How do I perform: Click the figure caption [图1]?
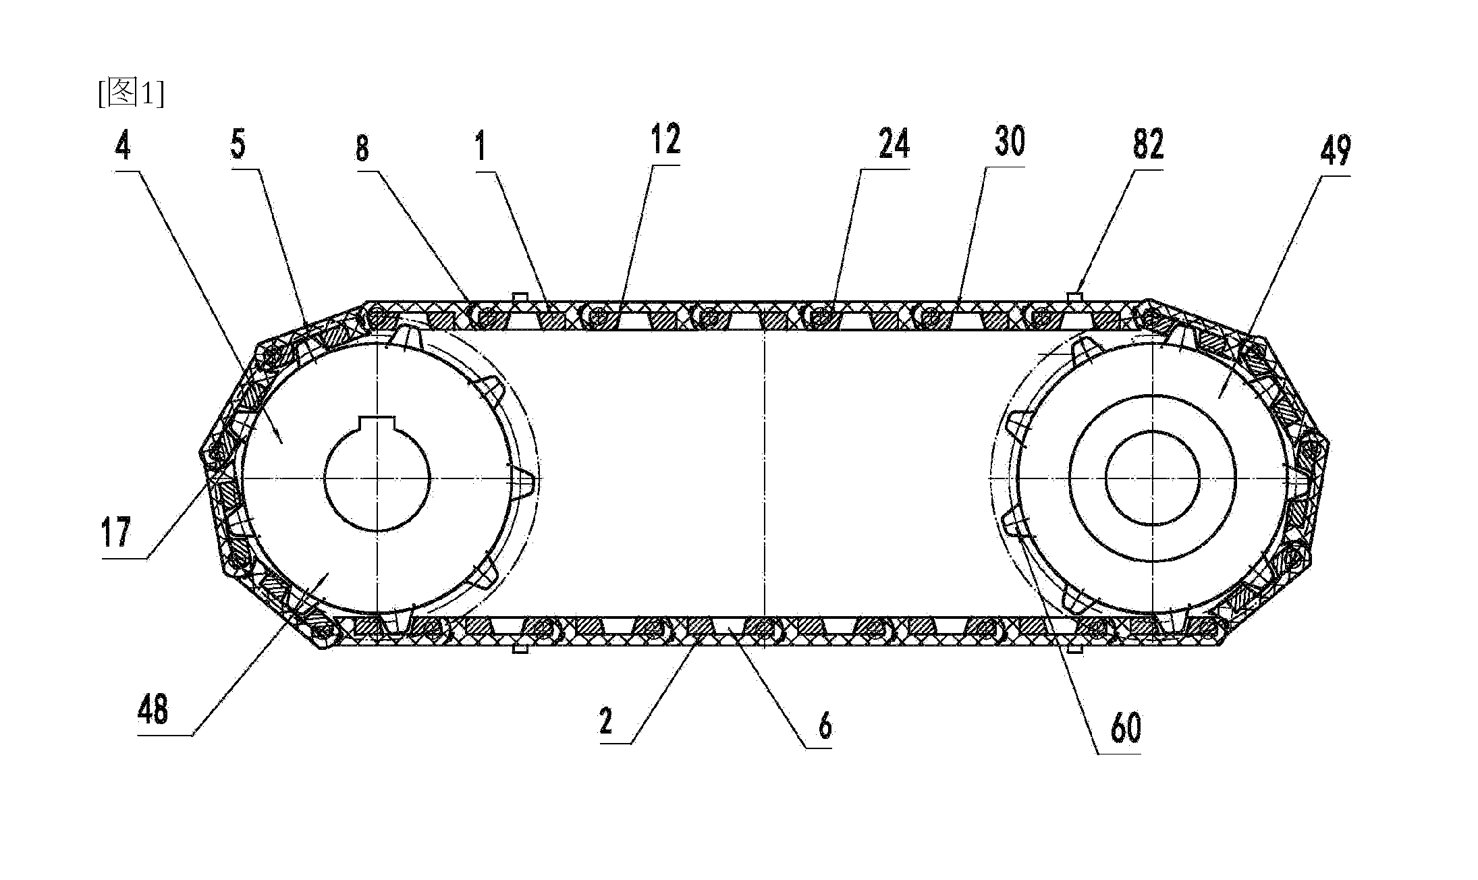pyautogui.click(x=130, y=92)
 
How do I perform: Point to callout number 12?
pyautogui.click(x=665, y=139)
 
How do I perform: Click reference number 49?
pyautogui.click(x=1334, y=150)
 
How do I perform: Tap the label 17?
pyautogui.click(x=115, y=532)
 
